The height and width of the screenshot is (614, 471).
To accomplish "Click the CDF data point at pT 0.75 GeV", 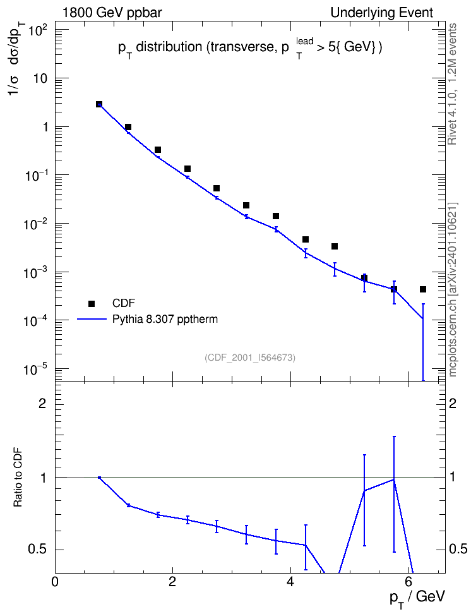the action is pos(99,104).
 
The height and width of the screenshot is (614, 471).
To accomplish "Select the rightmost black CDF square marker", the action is pos(423,289).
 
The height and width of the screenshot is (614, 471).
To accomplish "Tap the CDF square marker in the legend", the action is pos(92,303).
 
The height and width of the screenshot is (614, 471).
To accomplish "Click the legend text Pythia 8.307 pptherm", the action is pos(165,320).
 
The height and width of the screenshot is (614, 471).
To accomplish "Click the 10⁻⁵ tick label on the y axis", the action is pos(35,369).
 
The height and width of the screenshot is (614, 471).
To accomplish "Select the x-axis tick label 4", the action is pos(290,582).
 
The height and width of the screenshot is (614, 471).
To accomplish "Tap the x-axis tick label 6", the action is pos(408,582).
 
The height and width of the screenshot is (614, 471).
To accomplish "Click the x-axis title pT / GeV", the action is pos(417,599).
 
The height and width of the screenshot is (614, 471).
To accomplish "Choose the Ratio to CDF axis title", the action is pos(18,477).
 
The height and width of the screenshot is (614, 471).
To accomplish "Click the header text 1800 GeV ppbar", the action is pos(112,13).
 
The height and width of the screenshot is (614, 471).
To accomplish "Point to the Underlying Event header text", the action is pos(382,13).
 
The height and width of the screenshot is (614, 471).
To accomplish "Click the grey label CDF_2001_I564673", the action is pos(250,358).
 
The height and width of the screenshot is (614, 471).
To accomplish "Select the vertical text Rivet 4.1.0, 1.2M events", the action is pos(452,84).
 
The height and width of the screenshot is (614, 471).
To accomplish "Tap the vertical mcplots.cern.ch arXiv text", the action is pos(452,289).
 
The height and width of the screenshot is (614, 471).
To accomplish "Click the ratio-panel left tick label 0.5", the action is pos(38,550).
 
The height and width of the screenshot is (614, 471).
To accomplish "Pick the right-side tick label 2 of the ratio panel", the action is pos(453,404).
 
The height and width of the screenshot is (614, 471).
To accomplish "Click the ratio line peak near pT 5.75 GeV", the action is pos(394,479).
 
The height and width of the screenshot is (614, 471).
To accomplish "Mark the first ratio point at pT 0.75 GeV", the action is pos(100,478).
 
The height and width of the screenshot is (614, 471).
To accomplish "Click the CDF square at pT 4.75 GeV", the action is pos(335,246).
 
